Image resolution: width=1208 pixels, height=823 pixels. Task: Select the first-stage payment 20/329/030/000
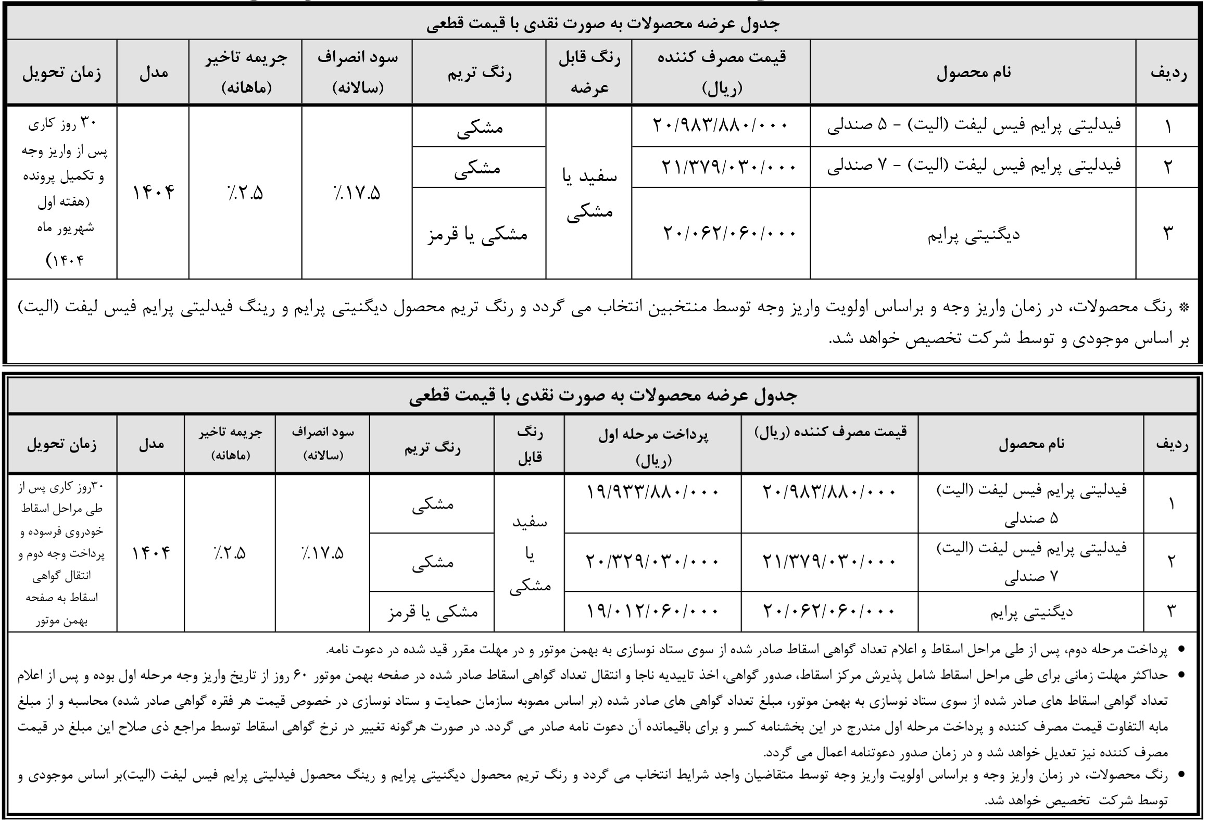tap(652, 562)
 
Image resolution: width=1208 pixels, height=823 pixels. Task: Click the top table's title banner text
tap(602, 24)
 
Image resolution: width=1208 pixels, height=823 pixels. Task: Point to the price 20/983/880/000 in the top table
tap(721, 125)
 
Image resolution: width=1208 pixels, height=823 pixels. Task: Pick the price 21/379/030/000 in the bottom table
tap(829, 562)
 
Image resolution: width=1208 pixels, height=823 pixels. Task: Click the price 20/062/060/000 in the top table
tap(729, 233)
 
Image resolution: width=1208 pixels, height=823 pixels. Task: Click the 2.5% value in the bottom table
tap(230, 553)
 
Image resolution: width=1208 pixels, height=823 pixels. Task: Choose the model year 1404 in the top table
tap(153, 193)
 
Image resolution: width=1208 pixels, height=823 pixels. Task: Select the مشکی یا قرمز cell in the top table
tap(478, 234)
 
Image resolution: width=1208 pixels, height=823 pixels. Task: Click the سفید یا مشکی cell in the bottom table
tap(530, 553)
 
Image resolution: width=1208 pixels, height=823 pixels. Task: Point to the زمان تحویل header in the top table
tap(62, 73)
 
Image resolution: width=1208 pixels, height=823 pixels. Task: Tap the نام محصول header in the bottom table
tap(1031, 444)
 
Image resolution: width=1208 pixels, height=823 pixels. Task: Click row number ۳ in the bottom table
tap(1171, 611)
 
